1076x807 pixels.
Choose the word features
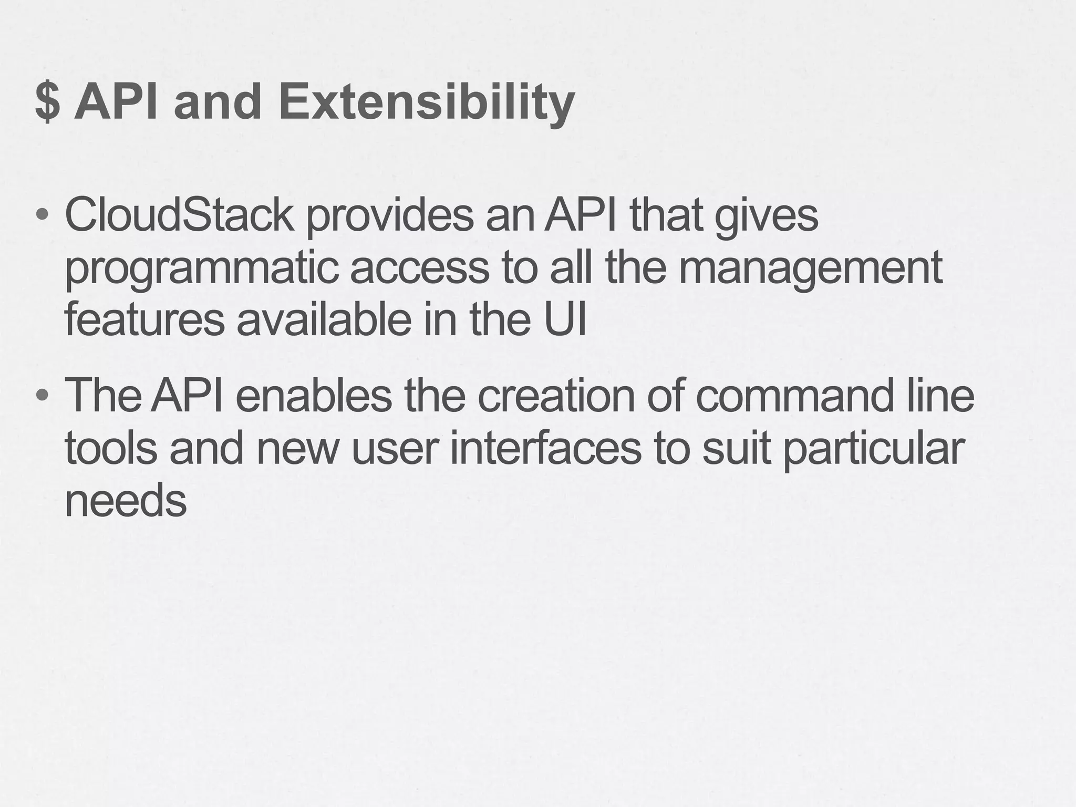tap(144, 320)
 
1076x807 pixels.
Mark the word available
tap(324, 320)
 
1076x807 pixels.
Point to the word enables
tap(314, 396)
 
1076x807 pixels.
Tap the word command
tap(794, 396)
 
